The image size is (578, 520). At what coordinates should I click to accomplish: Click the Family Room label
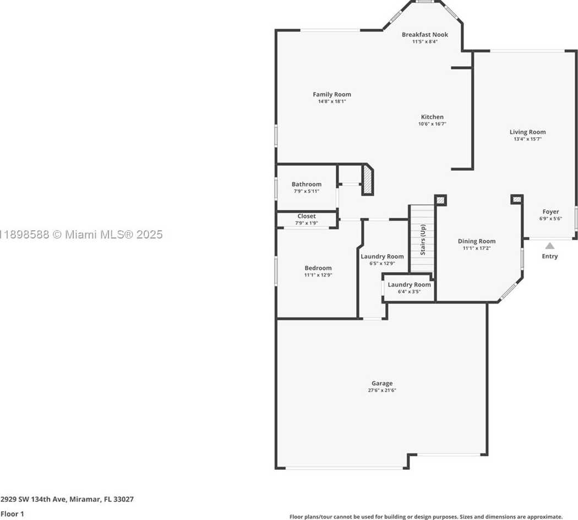pos(332,94)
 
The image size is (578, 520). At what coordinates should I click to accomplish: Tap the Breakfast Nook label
pos(424,35)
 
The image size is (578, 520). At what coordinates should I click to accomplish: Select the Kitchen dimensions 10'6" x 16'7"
pos(432,124)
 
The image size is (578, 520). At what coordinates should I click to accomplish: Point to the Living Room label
pos(527,132)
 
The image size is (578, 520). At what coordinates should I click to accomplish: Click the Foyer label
pos(550,212)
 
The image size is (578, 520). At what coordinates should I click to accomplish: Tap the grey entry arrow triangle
pos(549,246)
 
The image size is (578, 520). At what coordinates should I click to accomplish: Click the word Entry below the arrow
pos(549,256)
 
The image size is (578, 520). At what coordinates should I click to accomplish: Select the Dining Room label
pos(477,241)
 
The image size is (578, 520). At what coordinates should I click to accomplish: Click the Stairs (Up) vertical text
pos(423,240)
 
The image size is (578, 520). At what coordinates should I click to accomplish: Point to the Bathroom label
pos(306,185)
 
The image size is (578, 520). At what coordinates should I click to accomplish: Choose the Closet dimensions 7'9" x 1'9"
pos(306,223)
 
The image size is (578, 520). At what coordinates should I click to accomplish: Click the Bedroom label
pos(318,268)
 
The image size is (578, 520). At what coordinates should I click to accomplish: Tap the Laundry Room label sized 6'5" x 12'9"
pos(382,257)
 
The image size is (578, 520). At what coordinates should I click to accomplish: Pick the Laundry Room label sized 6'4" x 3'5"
pos(409,285)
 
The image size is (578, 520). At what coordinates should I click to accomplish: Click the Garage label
pos(382,383)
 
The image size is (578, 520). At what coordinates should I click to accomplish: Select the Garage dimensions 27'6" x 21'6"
pos(382,390)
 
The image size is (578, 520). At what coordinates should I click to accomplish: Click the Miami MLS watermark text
pos(81,235)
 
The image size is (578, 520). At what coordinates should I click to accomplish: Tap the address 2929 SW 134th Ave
pos(34,500)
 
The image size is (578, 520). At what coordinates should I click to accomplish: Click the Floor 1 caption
pos(12,514)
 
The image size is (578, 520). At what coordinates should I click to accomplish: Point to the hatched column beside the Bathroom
pos(368,180)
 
